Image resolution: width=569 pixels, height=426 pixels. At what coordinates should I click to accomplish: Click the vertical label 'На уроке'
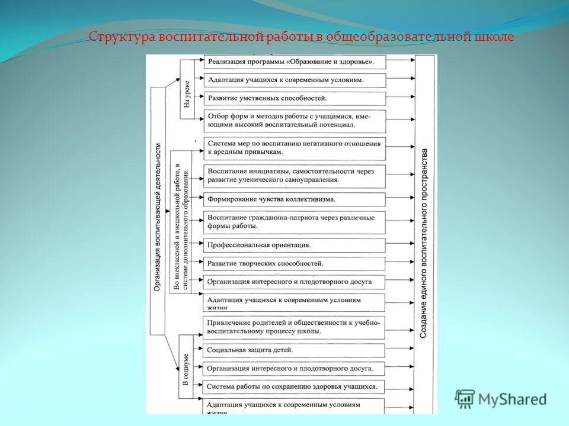pyautogui.click(x=187, y=95)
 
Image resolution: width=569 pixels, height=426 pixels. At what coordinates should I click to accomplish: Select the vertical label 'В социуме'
pyautogui.click(x=187, y=370)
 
